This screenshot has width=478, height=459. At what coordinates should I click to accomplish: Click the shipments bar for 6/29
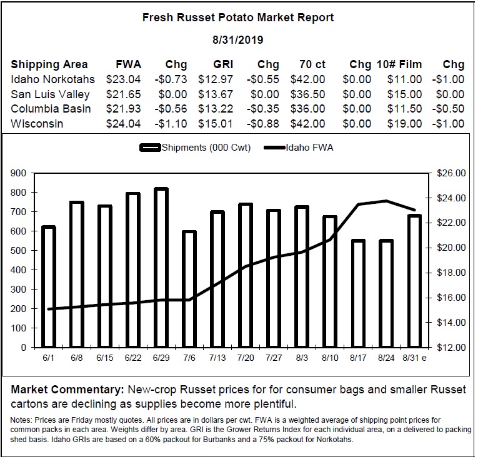[161, 268]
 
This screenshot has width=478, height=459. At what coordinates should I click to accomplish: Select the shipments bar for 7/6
[189, 290]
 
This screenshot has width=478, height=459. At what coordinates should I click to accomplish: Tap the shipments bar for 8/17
[358, 293]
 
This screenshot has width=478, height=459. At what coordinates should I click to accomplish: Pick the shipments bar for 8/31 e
[415, 281]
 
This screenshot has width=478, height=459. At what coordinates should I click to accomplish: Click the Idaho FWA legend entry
[299, 148]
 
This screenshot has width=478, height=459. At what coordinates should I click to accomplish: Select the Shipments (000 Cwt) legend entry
[195, 148]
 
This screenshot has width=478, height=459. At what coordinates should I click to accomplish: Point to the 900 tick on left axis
[18, 173]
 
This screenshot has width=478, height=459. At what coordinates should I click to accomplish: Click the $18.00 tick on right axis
[451, 273]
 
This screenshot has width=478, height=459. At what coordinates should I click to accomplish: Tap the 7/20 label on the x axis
[246, 358]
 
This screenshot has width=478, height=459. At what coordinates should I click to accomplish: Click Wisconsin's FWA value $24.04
[124, 124]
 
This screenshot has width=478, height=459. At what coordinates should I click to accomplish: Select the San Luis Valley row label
[50, 94]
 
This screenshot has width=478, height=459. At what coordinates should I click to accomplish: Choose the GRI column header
[223, 64]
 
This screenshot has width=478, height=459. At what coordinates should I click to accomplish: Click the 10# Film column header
[399, 64]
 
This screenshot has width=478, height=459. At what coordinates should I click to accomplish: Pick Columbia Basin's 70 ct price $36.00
[307, 109]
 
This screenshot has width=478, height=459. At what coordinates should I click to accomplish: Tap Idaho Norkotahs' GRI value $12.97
[216, 79]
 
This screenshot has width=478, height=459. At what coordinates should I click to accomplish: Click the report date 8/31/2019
[238, 40]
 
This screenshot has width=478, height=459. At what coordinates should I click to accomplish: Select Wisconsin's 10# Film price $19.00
[404, 124]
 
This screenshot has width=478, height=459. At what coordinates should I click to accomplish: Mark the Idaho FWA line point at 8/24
[386, 201]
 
